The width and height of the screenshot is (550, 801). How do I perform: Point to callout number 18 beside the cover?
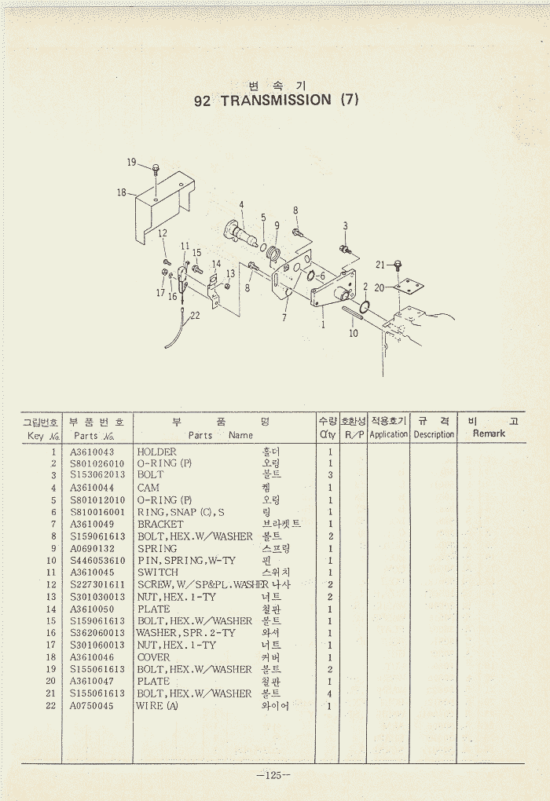[122, 192]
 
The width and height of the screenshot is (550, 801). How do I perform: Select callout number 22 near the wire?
[195, 316]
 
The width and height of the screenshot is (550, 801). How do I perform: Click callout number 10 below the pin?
[354, 333]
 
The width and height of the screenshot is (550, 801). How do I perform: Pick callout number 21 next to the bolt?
[380, 265]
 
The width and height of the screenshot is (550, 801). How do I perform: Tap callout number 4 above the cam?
[242, 205]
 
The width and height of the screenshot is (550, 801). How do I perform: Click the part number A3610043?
[92, 452]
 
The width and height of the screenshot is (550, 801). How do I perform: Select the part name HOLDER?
[157, 452]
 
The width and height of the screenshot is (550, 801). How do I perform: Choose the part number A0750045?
[92, 706]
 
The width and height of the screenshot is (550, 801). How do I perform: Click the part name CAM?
[148, 488]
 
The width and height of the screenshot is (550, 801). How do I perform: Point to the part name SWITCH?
[158, 572]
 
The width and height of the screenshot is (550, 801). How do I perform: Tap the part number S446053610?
[97, 561]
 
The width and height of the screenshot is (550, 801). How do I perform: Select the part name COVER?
[154, 657]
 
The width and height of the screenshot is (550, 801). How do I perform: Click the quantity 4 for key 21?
[330, 693]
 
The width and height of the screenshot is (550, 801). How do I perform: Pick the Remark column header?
[489, 433]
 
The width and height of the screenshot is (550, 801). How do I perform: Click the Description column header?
[434, 434]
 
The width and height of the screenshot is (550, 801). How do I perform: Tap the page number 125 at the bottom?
[273, 776]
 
